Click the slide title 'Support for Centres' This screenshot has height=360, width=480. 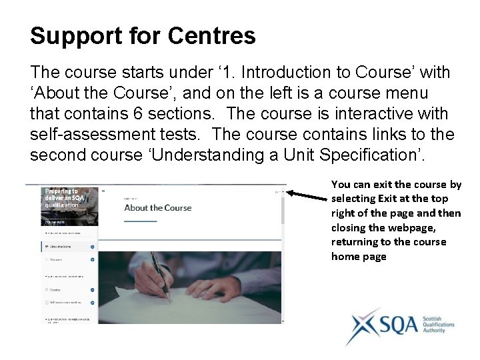coord(143,36)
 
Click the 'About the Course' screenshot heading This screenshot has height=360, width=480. coord(158,207)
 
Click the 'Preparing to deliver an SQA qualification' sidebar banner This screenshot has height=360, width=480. coord(61,198)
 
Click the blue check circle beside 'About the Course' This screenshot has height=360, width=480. coord(92,247)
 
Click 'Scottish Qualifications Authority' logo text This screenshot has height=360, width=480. coord(439,325)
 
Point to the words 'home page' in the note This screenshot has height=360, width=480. coord(359,257)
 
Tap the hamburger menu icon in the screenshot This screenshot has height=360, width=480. coord(103,191)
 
